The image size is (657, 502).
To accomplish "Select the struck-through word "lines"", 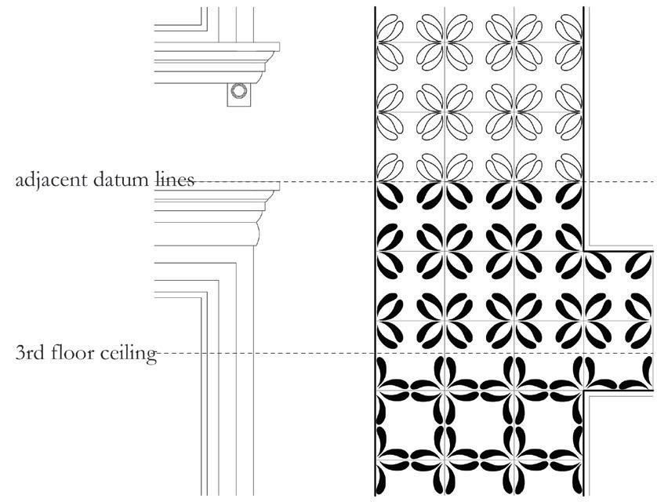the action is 172,180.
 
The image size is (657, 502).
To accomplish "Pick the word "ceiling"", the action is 129,353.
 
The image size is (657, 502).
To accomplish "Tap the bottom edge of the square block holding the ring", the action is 239,105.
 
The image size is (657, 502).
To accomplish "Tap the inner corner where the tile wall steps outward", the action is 586,250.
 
